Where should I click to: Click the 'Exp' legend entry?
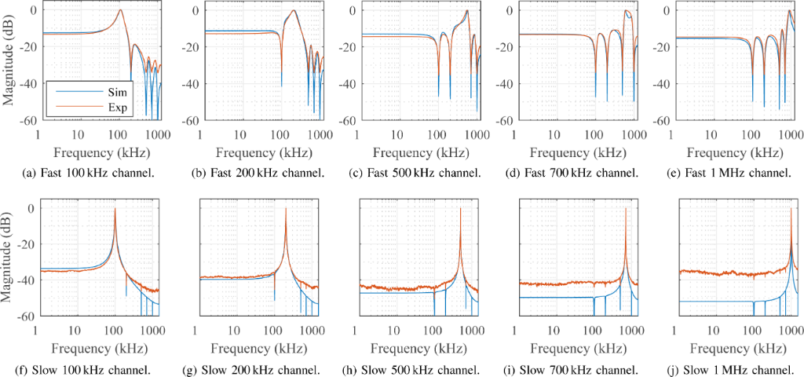coord(76,105)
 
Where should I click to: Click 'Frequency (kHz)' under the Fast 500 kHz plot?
coord(413,152)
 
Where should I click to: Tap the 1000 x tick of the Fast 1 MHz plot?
coord(790,134)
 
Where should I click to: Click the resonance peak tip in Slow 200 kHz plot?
coord(285,207)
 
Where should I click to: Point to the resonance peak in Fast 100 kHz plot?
coord(120,10)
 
